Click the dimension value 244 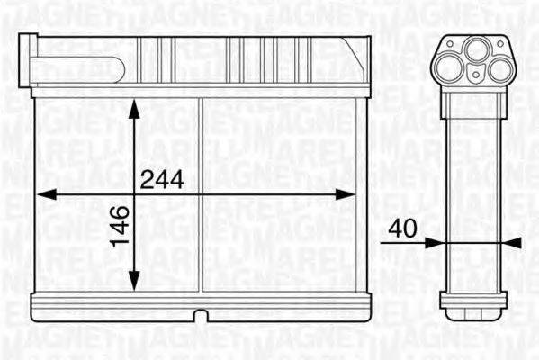162,179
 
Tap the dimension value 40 401,229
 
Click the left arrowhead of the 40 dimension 430,241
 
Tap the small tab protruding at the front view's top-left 30,41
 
